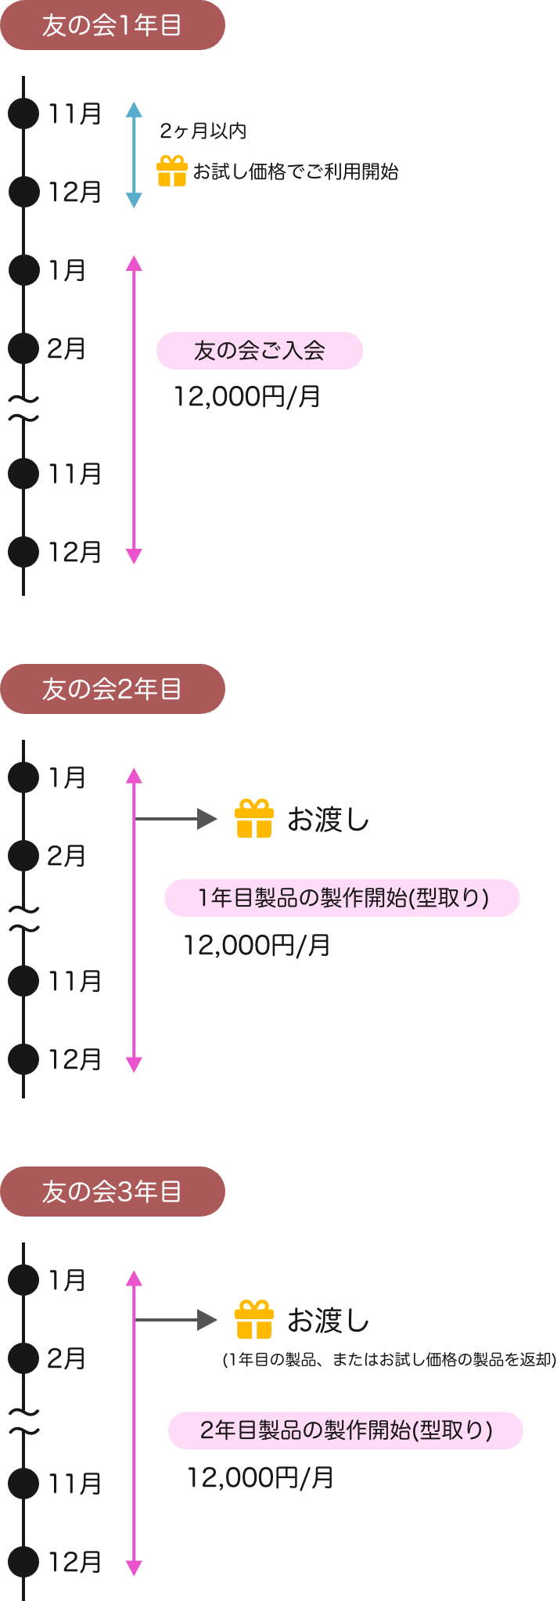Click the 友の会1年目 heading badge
coord(113,25)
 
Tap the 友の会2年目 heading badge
coord(113,689)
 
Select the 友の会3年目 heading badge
coord(113,1192)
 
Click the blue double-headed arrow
coord(134,154)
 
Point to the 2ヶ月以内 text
coord(203,132)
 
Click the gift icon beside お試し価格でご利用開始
coord(172,171)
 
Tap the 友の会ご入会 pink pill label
coord(260,351)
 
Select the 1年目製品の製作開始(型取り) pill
coord(342,898)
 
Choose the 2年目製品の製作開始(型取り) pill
coord(346,1430)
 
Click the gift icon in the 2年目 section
coord(254,819)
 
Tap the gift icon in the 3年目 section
coord(254,1320)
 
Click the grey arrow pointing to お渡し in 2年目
coord(176,819)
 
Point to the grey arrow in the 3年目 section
coord(176,1320)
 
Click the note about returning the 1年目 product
coord(389,1359)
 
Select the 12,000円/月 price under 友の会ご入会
coord(246,397)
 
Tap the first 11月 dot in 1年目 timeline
coord(23,114)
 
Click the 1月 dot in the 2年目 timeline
coord(23,778)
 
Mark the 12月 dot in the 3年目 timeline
coord(23,1562)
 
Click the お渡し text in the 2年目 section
coord(328,820)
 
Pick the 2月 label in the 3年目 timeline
coord(66,1359)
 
